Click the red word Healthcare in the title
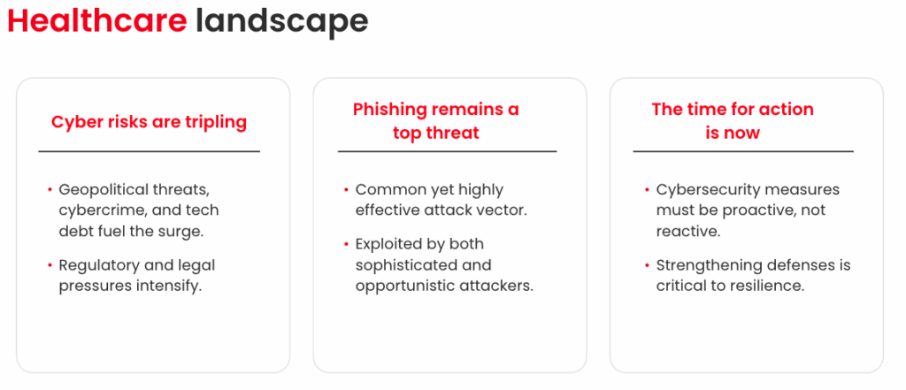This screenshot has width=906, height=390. (x=97, y=21)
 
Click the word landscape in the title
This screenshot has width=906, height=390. (x=282, y=23)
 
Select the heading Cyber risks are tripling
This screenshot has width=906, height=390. (x=149, y=122)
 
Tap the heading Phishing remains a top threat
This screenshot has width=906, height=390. (x=436, y=121)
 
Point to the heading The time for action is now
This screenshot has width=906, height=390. (x=733, y=121)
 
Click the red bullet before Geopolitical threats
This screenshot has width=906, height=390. (x=50, y=190)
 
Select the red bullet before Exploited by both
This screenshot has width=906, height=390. (x=347, y=244)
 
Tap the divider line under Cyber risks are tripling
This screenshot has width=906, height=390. (x=149, y=151)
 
